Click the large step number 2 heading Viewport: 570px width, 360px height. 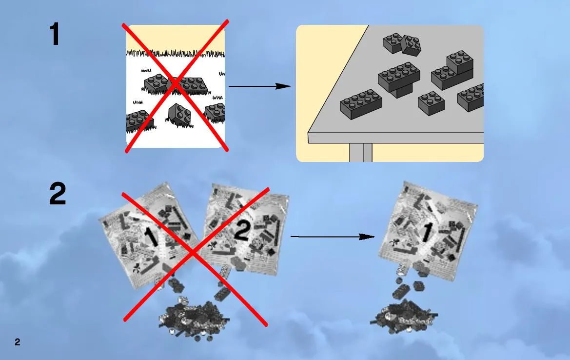click(x=58, y=194)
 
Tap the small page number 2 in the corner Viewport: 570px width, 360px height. click(x=18, y=342)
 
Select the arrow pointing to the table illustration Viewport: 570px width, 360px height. click(x=259, y=86)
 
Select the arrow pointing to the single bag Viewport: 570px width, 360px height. click(x=332, y=237)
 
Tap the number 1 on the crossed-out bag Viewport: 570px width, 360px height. click(x=151, y=237)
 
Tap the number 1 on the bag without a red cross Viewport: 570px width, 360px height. click(x=427, y=232)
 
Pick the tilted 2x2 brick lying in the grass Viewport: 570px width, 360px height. click(x=179, y=114)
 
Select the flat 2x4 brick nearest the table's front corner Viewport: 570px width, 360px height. click(x=361, y=104)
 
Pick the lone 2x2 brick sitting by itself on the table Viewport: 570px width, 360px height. click(x=431, y=103)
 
